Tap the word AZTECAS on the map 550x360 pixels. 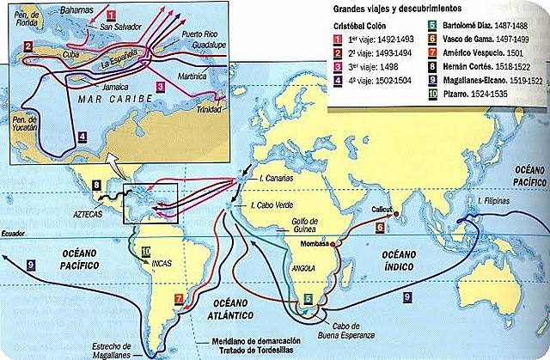click(94, 209)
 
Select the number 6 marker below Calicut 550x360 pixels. click(380, 228)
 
